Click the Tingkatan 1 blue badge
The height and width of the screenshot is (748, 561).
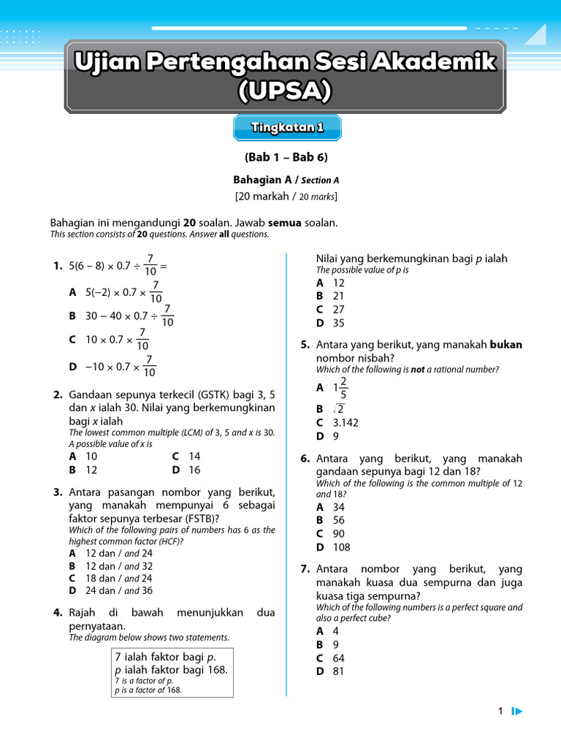(x=286, y=128)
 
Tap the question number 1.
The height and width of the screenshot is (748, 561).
(x=57, y=267)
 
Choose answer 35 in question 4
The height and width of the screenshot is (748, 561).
(x=338, y=323)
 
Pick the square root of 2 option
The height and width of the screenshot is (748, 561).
(x=338, y=409)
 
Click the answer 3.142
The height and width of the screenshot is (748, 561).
(x=346, y=422)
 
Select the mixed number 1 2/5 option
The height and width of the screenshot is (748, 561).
(x=340, y=388)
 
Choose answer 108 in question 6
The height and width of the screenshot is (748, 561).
(x=341, y=547)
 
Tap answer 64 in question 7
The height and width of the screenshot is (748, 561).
(x=338, y=658)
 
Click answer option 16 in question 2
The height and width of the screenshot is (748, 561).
(x=194, y=470)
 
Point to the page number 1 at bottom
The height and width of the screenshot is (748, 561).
(x=500, y=711)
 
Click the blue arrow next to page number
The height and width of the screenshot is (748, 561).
(x=516, y=711)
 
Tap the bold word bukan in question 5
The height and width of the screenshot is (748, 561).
(x=505, y=345)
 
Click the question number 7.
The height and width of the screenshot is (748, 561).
(x=305, y=569)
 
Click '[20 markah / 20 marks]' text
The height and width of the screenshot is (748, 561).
(x=286, y=196)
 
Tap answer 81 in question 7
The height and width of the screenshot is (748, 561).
(x=338, y=671)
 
